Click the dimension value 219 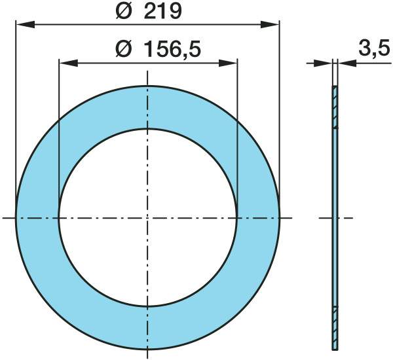162,12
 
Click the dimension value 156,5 173,49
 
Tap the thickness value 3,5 374,48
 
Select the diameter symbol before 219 124,12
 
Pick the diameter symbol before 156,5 124,49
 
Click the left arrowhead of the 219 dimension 25,25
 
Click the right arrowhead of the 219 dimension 270,25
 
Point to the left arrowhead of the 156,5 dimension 68,63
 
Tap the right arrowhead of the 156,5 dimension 228,63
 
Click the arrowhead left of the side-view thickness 324,63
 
